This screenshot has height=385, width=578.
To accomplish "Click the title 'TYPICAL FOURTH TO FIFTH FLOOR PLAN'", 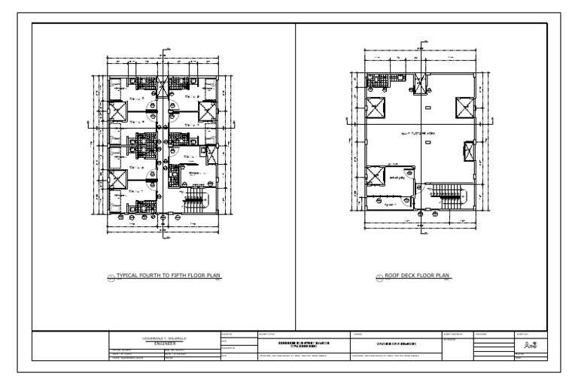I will click(167, 276).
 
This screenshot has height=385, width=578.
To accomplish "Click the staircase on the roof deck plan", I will click(452, 199).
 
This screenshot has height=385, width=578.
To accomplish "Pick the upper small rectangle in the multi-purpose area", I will click(428, 110).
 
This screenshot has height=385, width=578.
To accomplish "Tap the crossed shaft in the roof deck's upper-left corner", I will click(375, 108).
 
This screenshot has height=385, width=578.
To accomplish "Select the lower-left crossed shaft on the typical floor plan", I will click(117, 179).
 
